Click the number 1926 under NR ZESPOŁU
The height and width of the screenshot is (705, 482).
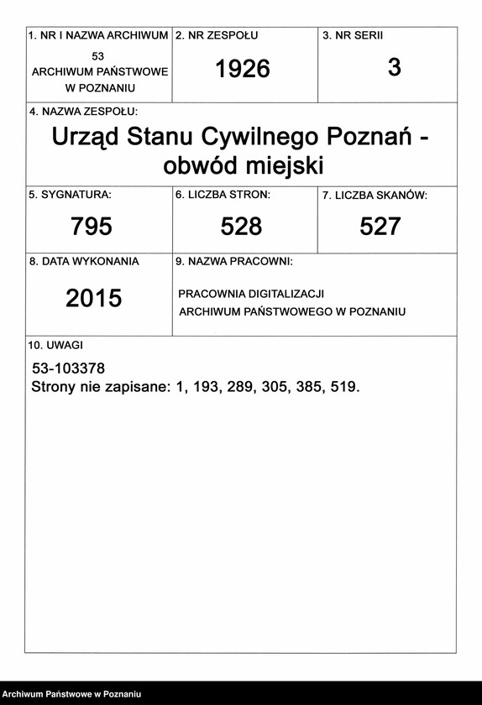(x=243, y=70)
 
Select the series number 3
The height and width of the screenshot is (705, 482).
(x=395, y=68)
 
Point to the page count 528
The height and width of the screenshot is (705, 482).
(x=242, y=226)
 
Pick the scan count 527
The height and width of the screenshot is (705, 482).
(x=380, y=226)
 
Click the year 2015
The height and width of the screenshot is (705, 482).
(x=94, y=298)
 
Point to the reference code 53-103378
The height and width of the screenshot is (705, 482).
(x=68, y=368)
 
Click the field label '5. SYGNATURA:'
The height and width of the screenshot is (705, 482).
(x=70, y=195)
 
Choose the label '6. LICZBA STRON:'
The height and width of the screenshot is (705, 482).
(x=223, y=195)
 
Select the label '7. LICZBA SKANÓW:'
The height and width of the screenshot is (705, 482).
(x=375, y=196)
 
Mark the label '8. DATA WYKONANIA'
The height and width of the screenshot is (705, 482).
(x=84, y=261)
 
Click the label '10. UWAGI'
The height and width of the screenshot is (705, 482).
(x=55, y=345)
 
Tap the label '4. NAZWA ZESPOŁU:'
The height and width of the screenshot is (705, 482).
(x=83, y=111)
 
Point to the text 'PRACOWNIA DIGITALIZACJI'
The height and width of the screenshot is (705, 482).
(x=251, y=294)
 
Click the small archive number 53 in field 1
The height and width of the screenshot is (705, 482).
(x=98, y=55)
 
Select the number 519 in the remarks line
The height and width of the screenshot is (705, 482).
(x=344, y=388)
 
